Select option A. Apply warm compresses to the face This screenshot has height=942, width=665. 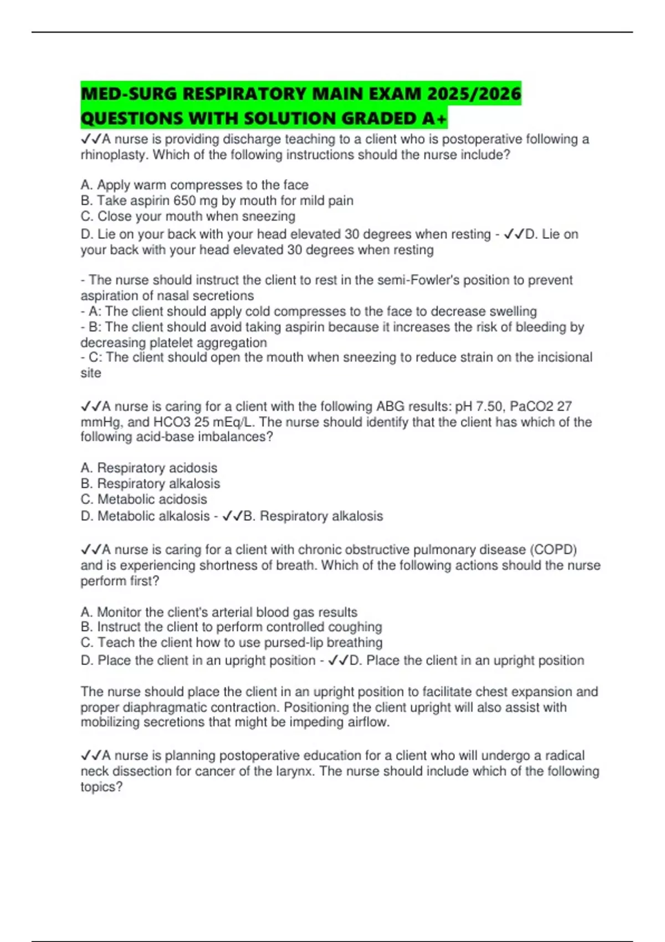pyautogui.click(x=195, y=185)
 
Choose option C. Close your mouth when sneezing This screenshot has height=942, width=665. pyautogui.click(x=188, y=216)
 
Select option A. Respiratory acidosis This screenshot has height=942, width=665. pyautogui.click(x=149, y=468)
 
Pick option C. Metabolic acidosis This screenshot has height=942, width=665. pyautogui.click(x=144, y=499)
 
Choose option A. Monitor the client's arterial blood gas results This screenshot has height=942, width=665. pyautogui.click(x=219, y=612)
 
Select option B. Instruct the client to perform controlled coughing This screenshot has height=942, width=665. pyautogui.click(x=231, y=627)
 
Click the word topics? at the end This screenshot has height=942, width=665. pyautogui.click(x=101, y=787)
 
